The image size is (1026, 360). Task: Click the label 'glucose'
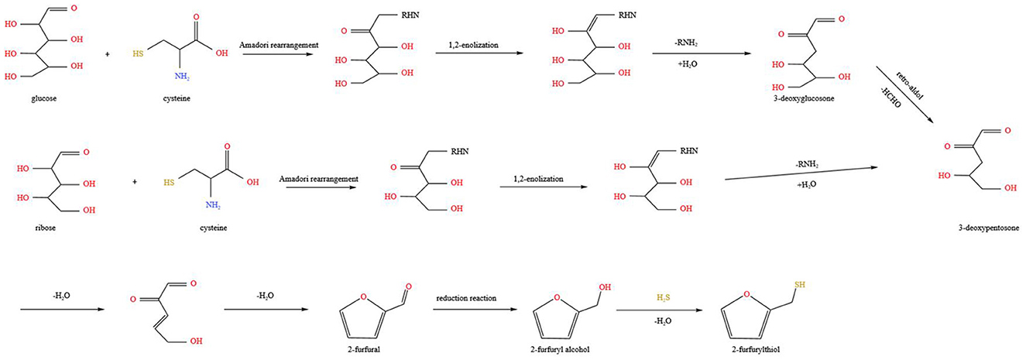[44, 98]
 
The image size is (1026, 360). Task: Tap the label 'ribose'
[46, 228]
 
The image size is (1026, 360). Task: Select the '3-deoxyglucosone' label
[804, 98]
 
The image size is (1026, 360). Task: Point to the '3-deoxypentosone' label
[989, 228]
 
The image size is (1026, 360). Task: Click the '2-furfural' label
[364, 349]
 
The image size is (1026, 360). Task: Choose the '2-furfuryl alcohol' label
[560, 349]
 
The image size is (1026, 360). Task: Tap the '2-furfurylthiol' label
[756, 349]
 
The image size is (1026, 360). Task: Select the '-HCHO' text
[890, 98]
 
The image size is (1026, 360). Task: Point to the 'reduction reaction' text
[466, 298]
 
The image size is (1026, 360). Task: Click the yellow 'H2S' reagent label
[664, 298]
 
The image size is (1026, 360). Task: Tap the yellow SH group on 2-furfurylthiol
[799, 284]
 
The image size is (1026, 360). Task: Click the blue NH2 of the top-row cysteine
[182, 77]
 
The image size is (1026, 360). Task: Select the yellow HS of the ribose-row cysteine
[169, 182]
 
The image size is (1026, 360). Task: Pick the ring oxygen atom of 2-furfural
[363, 297]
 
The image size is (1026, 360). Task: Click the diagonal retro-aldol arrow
[905, 94]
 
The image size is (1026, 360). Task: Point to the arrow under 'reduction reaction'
[475, 310]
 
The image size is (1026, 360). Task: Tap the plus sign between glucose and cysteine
[108, 54]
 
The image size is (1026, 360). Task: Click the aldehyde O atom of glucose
[74, 8]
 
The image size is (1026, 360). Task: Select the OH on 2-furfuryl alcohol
[605, 287]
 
